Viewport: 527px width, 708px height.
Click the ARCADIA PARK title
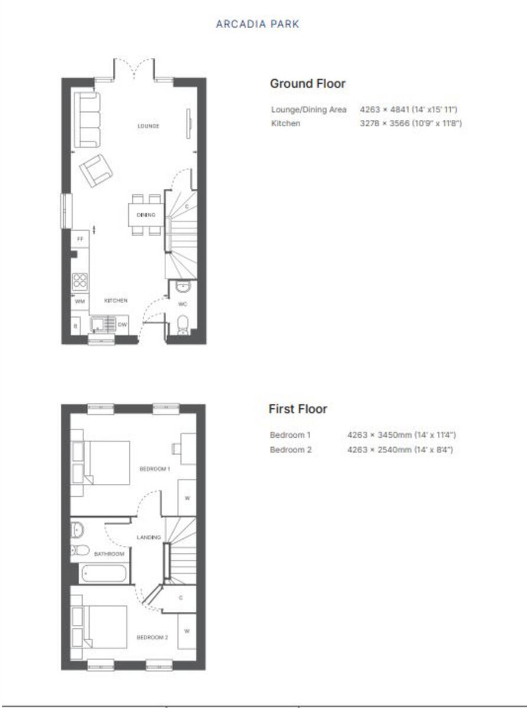tap(258, 24)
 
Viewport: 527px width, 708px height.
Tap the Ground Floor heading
tap(307, 84)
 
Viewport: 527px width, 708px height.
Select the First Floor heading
tap(298, 409)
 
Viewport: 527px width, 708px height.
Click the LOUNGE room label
tap(148, 126)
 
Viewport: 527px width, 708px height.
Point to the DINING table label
tap(146, 215)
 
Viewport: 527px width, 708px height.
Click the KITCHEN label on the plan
tap(116, 301)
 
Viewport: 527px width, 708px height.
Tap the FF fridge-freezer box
tap(80, 240)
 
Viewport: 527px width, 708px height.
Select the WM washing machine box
tap(79, 301)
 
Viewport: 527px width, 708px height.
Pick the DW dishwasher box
tap(122, 324)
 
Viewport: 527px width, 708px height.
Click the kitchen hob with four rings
tap(80, 281)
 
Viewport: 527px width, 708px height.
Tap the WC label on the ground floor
tap(183, 304)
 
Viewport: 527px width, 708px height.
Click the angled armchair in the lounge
tap(96, 170)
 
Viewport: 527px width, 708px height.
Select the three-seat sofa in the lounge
tap(87, 120)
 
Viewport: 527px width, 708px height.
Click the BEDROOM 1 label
tap(154, 469)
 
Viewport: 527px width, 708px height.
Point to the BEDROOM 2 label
tap(152, 637)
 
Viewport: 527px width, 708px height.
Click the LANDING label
tap(148, 537)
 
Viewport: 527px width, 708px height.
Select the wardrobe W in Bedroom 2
tap(187, 631)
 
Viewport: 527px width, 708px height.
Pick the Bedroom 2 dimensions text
tap(401, 450)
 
